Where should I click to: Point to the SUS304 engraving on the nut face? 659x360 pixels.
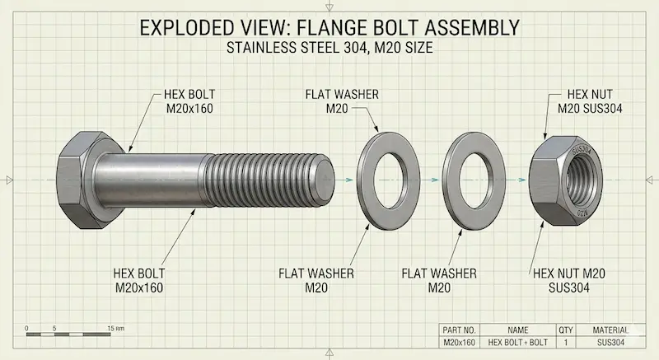[582, 150]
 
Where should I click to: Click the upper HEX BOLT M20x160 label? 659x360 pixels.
[189, 101]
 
